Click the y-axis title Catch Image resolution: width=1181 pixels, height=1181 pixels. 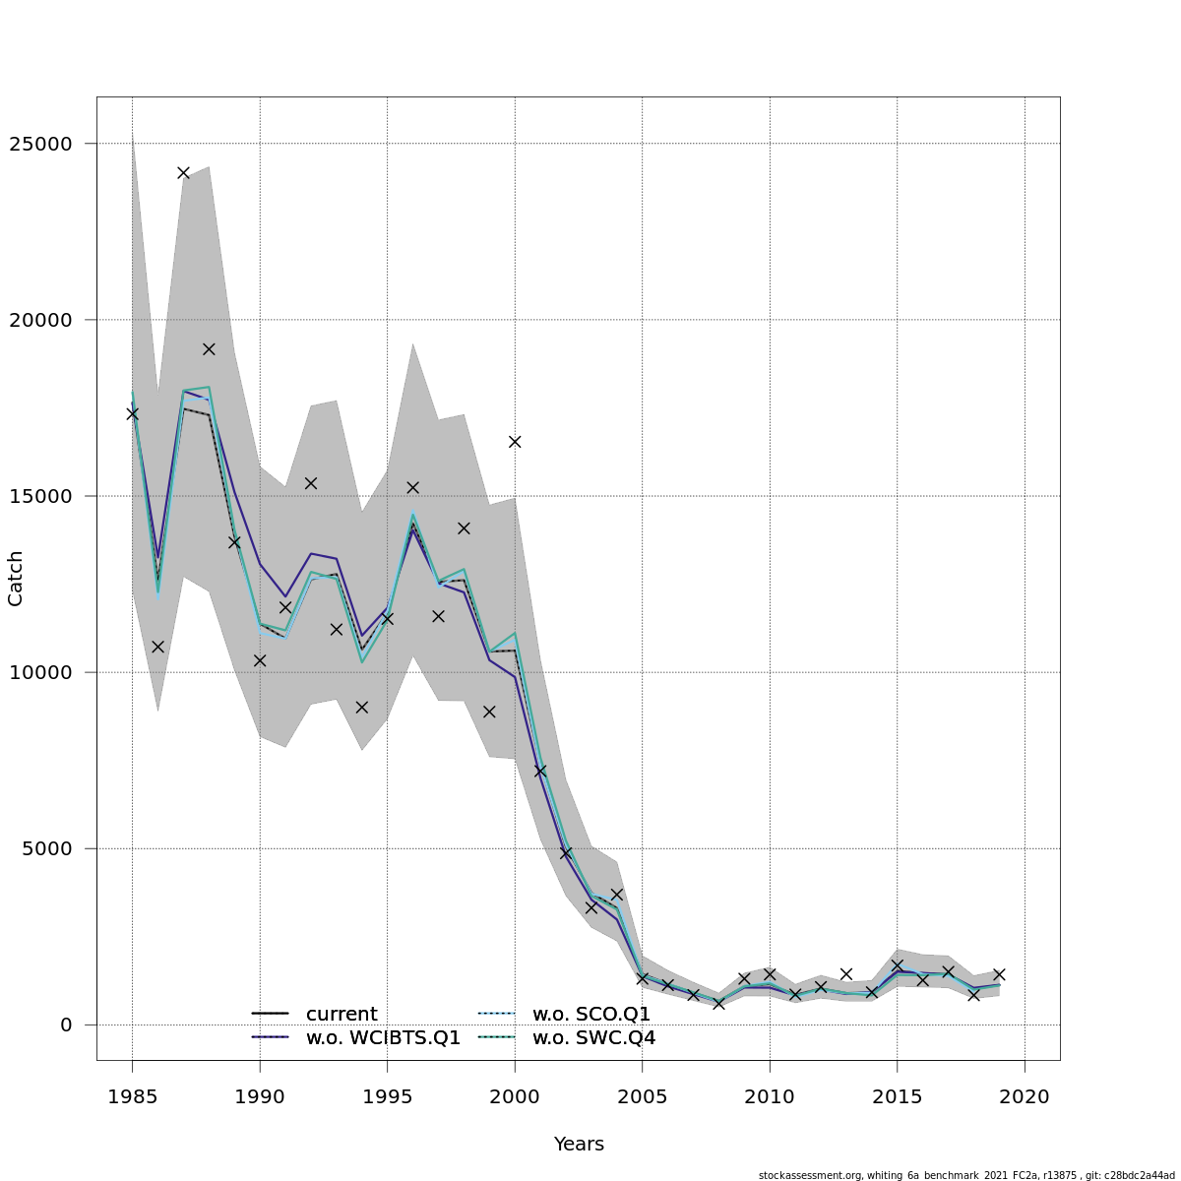coord(16,579)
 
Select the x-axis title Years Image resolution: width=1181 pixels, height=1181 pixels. coord(579,1144)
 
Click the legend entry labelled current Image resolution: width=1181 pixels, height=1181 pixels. coord(342,1014)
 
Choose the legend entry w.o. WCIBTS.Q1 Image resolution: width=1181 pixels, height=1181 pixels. coord(383,1037)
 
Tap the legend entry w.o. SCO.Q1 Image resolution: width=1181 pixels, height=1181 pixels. coord(591,1014)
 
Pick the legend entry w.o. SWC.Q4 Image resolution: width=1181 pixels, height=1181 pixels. coord(593,1037)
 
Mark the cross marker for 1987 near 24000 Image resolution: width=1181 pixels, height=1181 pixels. coord(183,172)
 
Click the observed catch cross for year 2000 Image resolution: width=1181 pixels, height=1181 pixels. coord(515,441)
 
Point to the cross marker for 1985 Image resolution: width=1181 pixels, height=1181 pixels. coord(132,413)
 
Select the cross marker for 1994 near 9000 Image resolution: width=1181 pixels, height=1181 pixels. coord(361,707)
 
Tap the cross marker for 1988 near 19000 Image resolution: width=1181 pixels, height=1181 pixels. coord(209,348)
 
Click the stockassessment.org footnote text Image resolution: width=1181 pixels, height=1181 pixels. coord(965,1175)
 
